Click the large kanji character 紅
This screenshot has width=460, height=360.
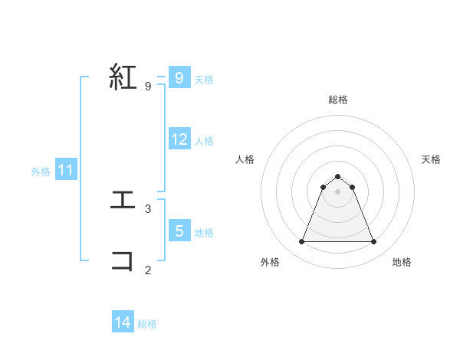click(x=124, y=77)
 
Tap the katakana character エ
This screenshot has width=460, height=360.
click(x=123, y=200)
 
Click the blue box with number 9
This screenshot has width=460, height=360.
click(x=179, y=77)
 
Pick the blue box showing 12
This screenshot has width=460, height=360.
click(x=179, y=139)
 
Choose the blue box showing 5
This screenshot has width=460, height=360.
click(x=179, y=231)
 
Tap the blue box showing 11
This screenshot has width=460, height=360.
click(x=65, y=170)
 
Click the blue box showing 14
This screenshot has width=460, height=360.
click(x=123, y=322)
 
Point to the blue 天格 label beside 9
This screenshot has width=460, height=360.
click(x=204, y=79)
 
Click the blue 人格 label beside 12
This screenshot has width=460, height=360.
click(x=204, y=141)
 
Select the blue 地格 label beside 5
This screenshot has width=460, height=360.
click(x=204, y=232)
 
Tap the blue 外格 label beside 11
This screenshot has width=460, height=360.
click(x=41, y=172)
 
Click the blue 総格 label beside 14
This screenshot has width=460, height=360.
click(x=147, y=324)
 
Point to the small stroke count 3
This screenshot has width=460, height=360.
click(x=148, y=208)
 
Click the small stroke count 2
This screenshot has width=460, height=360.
click(x=148, y=270)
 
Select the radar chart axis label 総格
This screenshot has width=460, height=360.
click(x=338, y=100)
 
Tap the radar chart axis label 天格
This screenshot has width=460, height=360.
click(x=432, y=159)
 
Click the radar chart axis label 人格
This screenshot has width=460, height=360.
click(x=245, y=159)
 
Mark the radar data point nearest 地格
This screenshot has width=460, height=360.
click(x=373, y=242)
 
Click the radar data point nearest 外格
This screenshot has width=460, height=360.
click(x=301, y=242)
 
